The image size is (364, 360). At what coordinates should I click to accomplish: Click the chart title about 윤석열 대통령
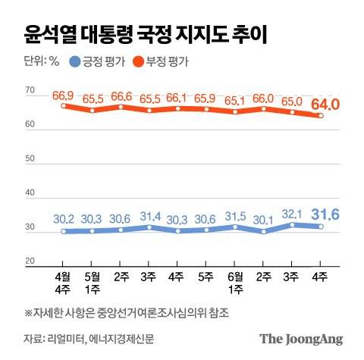144,33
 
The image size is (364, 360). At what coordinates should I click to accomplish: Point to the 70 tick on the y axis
30,91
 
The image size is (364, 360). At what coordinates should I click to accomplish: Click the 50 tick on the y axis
30,159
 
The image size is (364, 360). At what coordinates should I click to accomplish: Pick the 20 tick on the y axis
30,261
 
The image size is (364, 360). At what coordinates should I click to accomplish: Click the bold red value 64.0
326,102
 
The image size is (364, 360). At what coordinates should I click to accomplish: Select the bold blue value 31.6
326,213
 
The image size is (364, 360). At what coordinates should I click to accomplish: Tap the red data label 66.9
64,95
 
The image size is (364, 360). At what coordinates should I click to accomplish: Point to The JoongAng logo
301,338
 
